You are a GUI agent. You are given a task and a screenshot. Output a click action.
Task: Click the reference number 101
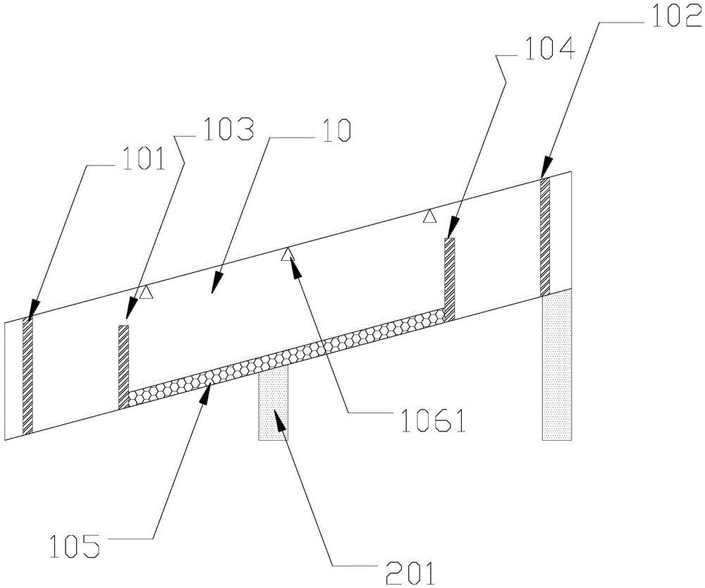143,160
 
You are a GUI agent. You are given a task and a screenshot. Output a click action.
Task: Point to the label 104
549,50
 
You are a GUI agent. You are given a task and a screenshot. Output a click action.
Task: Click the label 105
74,546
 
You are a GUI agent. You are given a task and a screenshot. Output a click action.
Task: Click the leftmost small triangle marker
145,293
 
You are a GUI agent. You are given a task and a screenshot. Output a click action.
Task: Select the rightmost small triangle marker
430,216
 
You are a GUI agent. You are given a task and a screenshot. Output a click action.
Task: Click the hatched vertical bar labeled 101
28,376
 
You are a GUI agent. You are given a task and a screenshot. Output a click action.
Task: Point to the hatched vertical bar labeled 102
546,236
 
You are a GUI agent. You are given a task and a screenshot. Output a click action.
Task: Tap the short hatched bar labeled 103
123,367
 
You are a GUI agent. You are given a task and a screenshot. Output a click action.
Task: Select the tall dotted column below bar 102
557,365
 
